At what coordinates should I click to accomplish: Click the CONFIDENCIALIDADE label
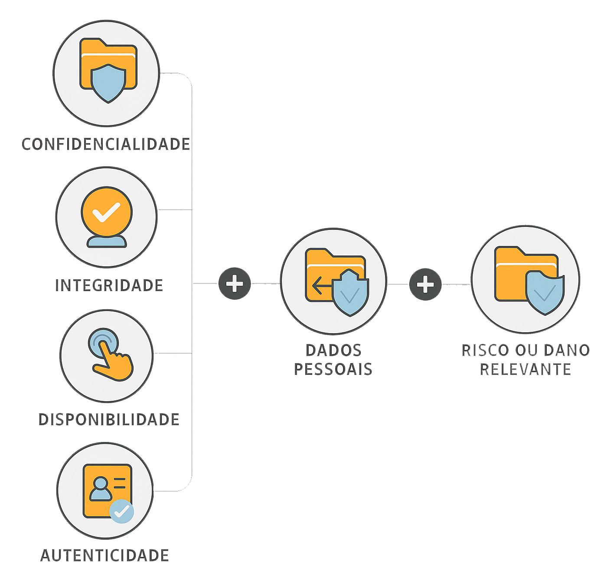coord(106,144)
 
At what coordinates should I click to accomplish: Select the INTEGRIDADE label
coord(109,285)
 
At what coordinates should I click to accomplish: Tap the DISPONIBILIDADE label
coord(109,419)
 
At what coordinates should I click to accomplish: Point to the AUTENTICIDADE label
coord(105,555)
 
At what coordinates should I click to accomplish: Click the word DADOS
coord(333,350)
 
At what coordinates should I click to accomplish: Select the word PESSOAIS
coord(333,369)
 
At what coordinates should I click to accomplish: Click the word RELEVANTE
coord(525,369)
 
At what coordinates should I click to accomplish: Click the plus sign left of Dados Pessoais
coord(235,284)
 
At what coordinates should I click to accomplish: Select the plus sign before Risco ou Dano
coord(425,285)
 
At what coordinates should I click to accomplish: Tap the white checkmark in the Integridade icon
coord(106,212)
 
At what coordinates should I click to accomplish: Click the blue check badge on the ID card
coord(121,511)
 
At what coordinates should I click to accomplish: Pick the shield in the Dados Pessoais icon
coord(350,293)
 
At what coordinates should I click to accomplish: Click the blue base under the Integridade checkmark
coord(107,242)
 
